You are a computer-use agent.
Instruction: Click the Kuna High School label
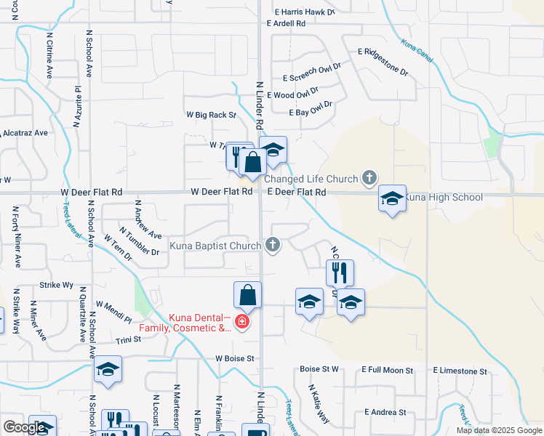pyautogui.click(x=443, y=197)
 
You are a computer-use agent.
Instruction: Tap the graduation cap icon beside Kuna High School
pyautogui.click(x=392, y=198)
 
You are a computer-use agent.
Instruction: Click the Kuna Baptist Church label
pyautogui.click(x=215, y=246)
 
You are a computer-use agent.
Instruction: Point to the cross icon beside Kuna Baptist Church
pyautogui.click(x=273, y=245)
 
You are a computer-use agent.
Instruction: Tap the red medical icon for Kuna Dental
pyautogui.click(x=241, y=321)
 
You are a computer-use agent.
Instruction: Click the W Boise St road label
pyautogui.click(x=235, y=358)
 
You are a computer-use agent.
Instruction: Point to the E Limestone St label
pyautogui.click(x=460, y=371)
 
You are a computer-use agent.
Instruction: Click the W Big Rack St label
pyautogui.click(x=212, y=115)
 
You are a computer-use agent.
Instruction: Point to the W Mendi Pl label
pyautogui.click(x=113, y=314)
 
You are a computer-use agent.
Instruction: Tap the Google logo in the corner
pyautogui.click(x=25, y=428)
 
